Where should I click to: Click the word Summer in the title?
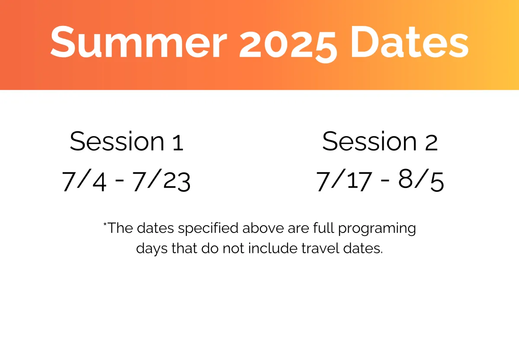(x=138, y=42)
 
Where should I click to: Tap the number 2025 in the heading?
(x=288, y=44)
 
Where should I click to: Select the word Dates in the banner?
(x=410, y=41)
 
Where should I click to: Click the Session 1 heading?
(x=127, y=141)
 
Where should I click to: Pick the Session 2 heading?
(x=380, y=141)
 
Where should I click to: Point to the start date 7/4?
(x=84, y=180)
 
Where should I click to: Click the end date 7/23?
(x=161, y=180)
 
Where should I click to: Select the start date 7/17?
(x=344, y=180)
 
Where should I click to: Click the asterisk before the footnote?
(x=105, y=224)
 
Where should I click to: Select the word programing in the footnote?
(x=377, y=229)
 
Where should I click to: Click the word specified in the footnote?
(x=208, y=229)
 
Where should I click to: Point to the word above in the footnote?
(x=263, y=228)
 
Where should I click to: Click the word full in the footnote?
(x=324, y=228)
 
